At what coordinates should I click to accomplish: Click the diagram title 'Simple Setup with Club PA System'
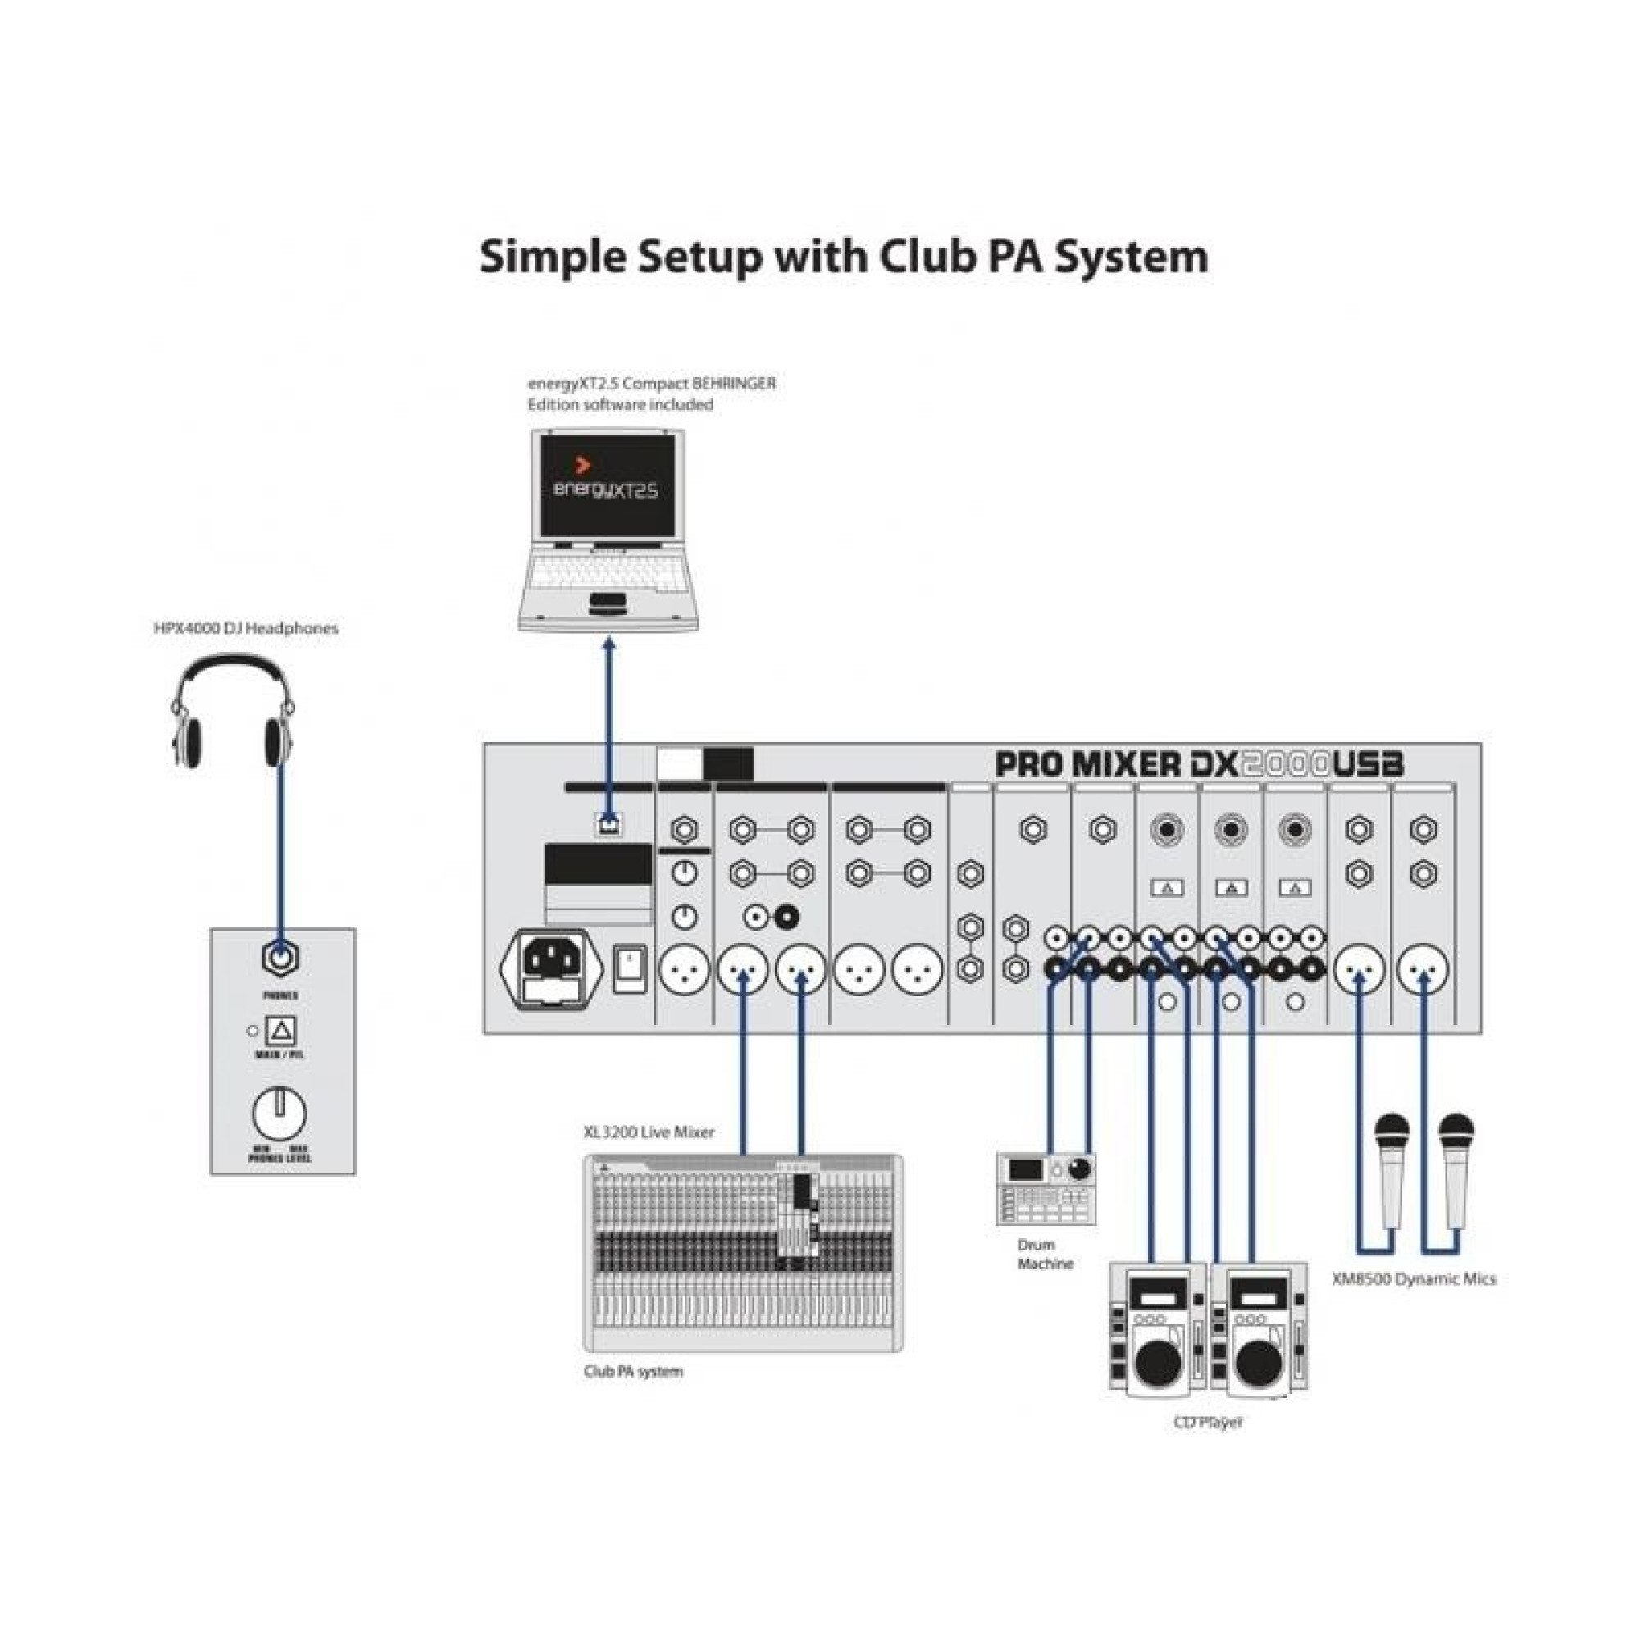[x=843, y=257]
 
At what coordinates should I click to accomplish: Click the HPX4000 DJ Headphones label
[x=245, y=628]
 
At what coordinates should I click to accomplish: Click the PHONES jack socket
[x=280, y=959]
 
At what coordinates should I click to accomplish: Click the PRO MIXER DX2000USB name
[x=1198, y=765]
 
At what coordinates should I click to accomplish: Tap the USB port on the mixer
[x=608, y=822]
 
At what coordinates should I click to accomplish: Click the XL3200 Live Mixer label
[x=649, y=1132]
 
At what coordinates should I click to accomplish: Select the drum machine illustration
[x=1045, y=1188]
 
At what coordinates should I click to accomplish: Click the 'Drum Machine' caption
[x=1045, y=1255]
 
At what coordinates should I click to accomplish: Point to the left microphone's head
[x=1392, y=1131]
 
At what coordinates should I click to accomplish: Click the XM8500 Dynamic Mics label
[x=1414, y=1279]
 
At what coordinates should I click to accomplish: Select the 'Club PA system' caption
[x=633, y=1372]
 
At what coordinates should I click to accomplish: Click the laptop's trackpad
[x=608, y=604]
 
